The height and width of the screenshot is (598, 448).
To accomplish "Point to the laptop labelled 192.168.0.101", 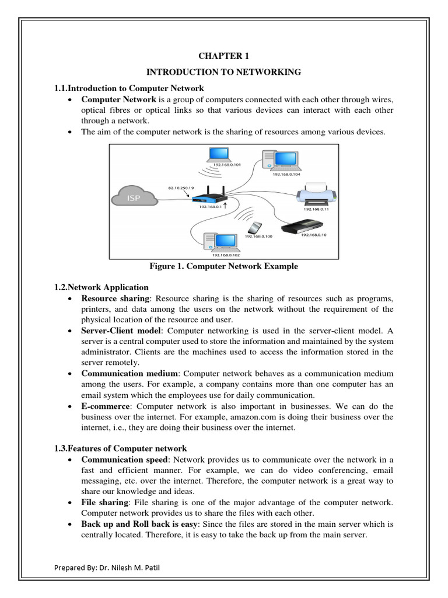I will pyautogui.click(x=220, y=155).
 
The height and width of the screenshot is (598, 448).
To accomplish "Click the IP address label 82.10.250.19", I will pyautogui.click(x=180, y=188).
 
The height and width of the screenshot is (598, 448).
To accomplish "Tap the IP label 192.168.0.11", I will pyautogui.click(x=316, y=208).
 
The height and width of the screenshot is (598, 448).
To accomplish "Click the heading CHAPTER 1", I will pyautogui.click(x=223, y=57).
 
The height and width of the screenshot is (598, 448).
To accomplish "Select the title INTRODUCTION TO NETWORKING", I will pyautogui.click(x=223, y=72).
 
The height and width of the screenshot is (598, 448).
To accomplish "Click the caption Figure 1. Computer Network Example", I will pyautogui.click(x=223, y=266).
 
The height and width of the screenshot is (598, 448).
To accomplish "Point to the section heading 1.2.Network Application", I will pyautogui.click(x=101, y=287).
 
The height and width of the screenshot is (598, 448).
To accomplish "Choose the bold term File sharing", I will pyautogui.click(x=105, y=502).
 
